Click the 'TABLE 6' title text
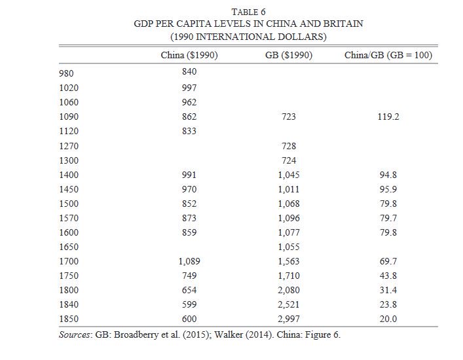248,12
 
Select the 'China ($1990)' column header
189,55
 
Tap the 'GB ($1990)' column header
289,55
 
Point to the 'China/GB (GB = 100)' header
388,55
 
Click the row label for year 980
66,73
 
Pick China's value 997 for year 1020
189,88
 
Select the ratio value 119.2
388,117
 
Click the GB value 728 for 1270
289,146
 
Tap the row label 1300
69,160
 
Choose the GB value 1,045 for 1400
289,175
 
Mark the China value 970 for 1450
189,189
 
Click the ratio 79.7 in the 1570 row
388,218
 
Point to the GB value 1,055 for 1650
289,247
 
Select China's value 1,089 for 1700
189,261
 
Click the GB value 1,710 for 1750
289,276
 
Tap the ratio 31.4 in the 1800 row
388,290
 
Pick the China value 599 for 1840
189,304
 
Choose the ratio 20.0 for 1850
388,319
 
